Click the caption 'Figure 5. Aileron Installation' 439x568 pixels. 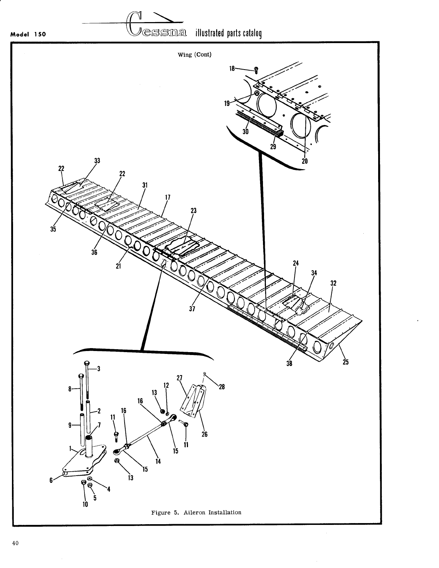(196, 512)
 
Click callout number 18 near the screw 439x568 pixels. (232, 68)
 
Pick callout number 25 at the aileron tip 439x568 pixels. (345, 362)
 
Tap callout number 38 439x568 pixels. (289, 363)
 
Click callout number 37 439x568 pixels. (192, 309)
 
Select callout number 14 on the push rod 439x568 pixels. (158, 461)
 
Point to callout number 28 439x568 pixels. (222, 387)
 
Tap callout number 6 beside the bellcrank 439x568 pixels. (51, 480)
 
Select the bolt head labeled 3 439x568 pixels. (87, 363)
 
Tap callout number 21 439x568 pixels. (118, 266)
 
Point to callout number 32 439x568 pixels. (334, 283)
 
